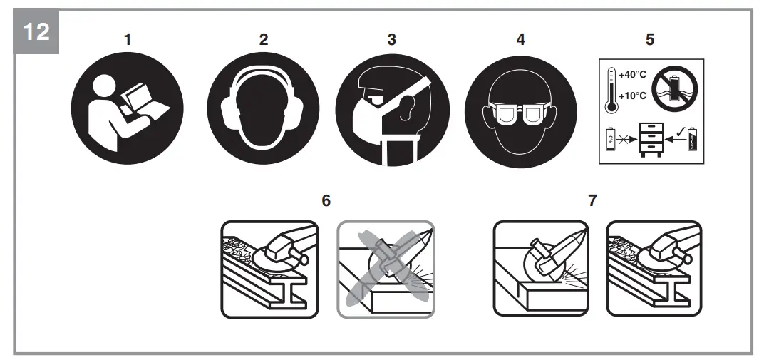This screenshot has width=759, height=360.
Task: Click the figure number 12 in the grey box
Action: pyautogui.click(x=36, y=31)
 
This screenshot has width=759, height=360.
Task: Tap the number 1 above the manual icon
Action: pyautogui.click(x=128, y=39)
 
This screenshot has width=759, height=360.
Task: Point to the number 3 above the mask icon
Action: pyautogui.click(x=391, y=39)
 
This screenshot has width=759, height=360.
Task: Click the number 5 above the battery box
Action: pyautogui.click(x=649, y=39)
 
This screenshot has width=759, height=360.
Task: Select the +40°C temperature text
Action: pyautogui.click(x=633, y=74)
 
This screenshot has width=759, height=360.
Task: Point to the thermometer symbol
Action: pyautogui.click(x=611, y=91)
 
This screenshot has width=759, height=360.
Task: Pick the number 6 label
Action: pyautogui.click(x=326, y=200)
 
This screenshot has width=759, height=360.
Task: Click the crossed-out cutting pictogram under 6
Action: pyautogui.click(x=386, y=269)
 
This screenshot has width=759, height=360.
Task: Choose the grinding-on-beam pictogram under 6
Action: pyautogui.click(x=269, y=269)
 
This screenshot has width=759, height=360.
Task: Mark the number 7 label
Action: pyautogui.click(x=592, y=200)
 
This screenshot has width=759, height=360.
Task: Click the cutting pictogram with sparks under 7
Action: pyautogui.click(x=542, y=269)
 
